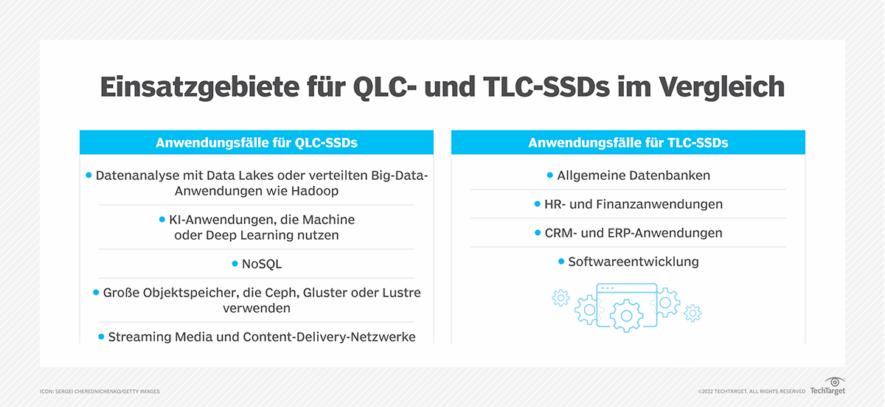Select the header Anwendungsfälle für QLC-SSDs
257,143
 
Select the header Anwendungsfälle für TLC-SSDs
628,143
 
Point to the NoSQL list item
262,263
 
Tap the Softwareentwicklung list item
633,262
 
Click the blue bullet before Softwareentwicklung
561,262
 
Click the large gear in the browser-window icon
626,315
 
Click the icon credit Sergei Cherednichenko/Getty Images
100,391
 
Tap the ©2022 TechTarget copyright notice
751,391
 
